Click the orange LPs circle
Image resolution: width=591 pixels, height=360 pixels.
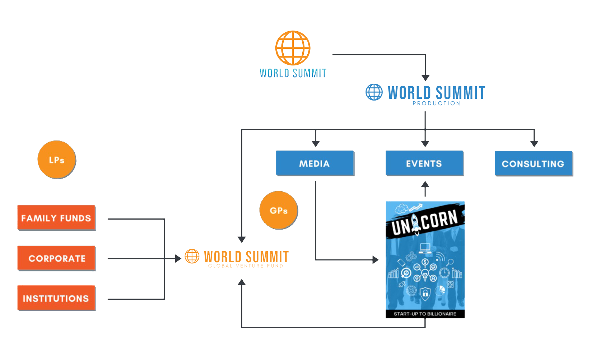tap(57, 160)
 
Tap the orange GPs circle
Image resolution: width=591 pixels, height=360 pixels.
tap(279, 210)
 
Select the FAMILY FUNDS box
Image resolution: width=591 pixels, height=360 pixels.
tap(56, 218)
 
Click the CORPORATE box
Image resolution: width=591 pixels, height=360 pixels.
tap(56, 258)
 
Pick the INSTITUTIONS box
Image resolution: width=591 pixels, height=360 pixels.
tap(56, 298)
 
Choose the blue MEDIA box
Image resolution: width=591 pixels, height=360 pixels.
tap(315, 163)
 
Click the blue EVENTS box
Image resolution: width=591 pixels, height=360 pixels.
tap(424, 163)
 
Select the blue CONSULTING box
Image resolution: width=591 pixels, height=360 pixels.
tap(533, 164)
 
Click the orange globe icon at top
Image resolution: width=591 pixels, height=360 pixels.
tap(293, 48)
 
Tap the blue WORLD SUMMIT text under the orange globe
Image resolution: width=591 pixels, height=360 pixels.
tap(293, 73)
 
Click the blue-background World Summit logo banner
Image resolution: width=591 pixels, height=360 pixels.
tap(425, 94)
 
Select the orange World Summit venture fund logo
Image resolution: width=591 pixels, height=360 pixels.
tap(237, 258)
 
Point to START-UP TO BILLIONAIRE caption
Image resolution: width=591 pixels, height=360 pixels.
tap(425, 314)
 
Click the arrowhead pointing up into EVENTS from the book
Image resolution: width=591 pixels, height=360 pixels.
tap(425, 184)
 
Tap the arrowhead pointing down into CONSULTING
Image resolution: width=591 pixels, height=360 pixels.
tap(534, 144)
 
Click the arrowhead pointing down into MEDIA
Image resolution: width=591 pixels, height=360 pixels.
tap(316, 144)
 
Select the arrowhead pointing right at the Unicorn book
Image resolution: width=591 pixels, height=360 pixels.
tap(376, 260)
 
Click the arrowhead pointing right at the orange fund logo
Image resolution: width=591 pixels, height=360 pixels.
tap(178, 258)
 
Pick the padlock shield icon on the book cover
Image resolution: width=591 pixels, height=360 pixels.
tap(425, 294)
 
